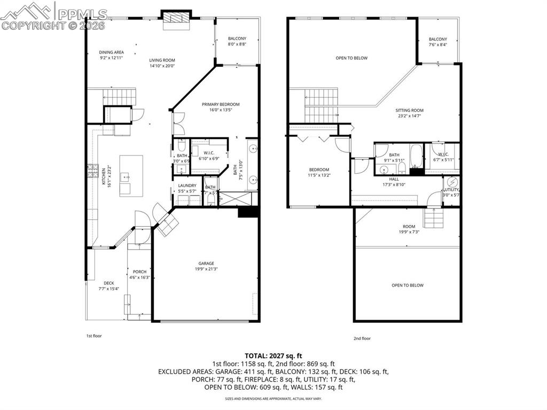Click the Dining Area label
pos(111,52)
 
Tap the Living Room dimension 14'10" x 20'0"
pos(162,66)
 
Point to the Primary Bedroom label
pos(221,104)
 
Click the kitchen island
pos(131,175)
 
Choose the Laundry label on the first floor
pos(187,186)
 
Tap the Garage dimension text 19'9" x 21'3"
pos(206,269)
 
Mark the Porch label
pos(139,272)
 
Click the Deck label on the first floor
pos(109,283)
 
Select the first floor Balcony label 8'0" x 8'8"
pos(237,38)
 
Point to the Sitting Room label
pos(410,111)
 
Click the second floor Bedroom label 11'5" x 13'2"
pos(319,169)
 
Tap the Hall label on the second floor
pos(394,179)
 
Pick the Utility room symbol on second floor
pos(453,181)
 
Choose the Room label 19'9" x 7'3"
pos(409,226)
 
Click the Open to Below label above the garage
pos(408,285)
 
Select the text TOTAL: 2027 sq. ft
pos(273,355)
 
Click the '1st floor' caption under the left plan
pos(94,336)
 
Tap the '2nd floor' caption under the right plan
pos(362,338)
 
